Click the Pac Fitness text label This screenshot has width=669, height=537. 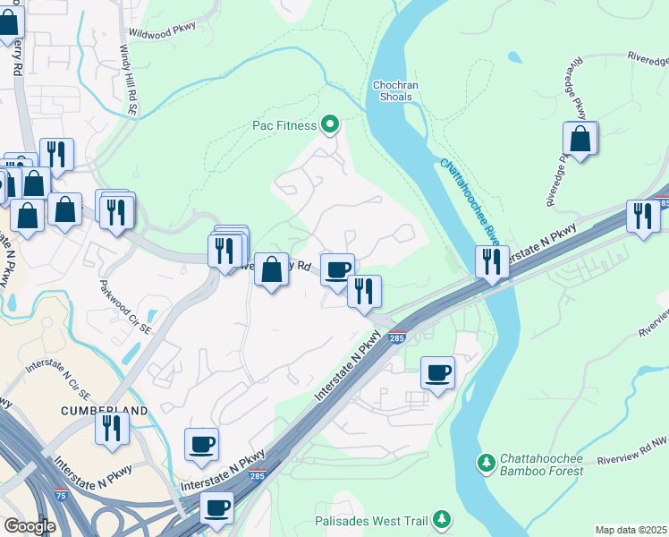(x=283, y=124)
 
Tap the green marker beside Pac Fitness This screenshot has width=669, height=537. (x=330, y=124)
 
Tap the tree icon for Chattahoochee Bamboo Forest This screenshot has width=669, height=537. (x=486, y=463)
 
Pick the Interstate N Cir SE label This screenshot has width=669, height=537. (x=58, y=380)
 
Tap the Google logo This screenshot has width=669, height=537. (x=30, y=527)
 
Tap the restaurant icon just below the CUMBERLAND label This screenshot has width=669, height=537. (x=113, y=428)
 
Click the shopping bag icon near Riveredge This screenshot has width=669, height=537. (x=580, y=139)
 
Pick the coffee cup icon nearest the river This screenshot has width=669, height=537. (x=437, y=372)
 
